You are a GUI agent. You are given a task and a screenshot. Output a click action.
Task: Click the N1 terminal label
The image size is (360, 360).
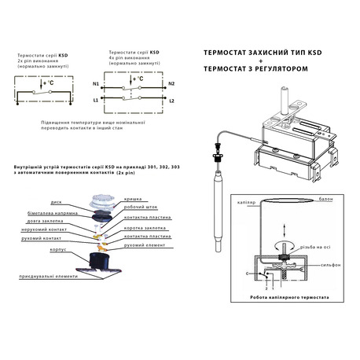click(x=96, y=82)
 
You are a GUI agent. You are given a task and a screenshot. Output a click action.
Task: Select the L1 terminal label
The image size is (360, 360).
click(x=96, y=101)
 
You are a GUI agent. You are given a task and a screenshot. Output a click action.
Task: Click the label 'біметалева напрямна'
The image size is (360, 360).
click(x=46, y=210)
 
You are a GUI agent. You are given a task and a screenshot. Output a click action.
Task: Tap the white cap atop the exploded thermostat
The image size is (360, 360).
click(x=101, y=203)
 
